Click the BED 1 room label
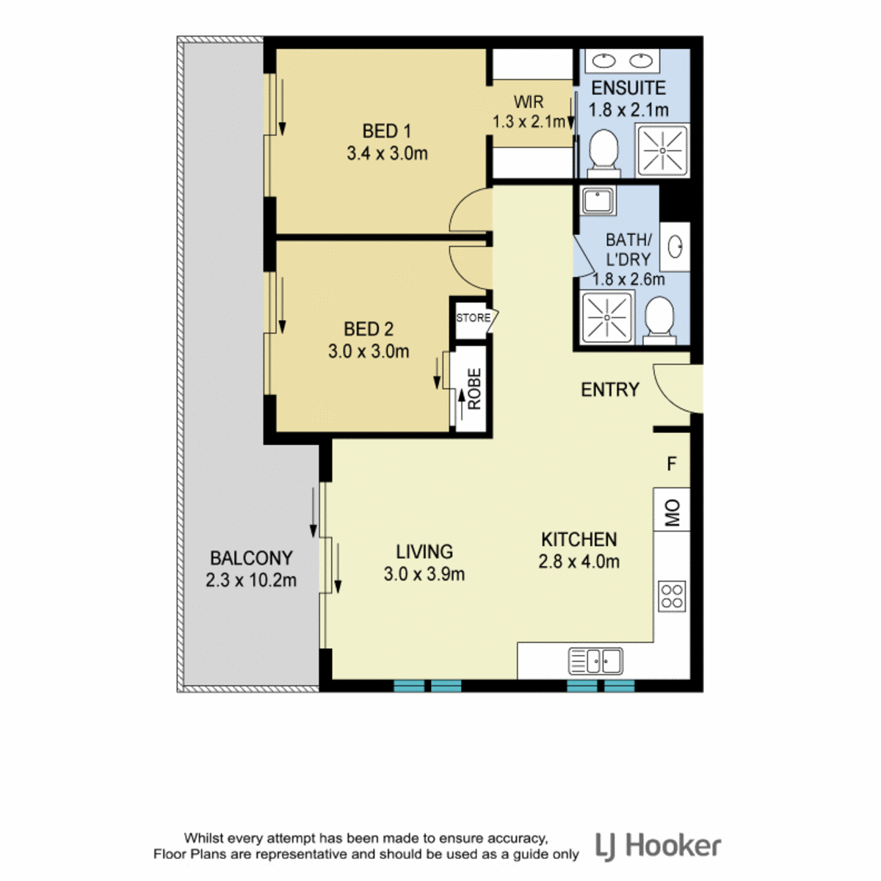click(386, 131)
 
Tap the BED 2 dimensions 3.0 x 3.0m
click(369, 351)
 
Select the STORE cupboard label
click(473, 318)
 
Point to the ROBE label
click(474, 388)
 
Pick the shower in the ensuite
click(662, 150)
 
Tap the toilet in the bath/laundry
click(659, 321)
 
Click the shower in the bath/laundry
click(606, 317)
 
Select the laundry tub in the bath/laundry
click(598, 200)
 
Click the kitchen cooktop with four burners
click(672, 595)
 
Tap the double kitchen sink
click(595, 661)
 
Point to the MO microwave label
click(672, 512)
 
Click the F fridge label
click(671, 464)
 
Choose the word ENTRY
click(610, 390)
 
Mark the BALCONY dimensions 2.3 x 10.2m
click(251, 580)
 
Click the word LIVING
click(424, 551)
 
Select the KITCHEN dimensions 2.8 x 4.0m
click(579, 562)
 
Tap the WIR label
click(529, 101)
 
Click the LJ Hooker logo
click(659, 846)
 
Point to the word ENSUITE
click(628, 88)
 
